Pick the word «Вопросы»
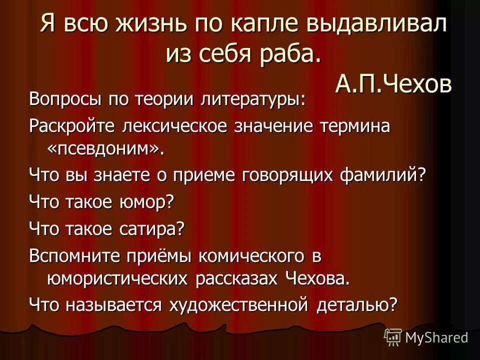tap(64, 98)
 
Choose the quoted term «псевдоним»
tap(105, 149)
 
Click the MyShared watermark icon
tap(393, 337)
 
